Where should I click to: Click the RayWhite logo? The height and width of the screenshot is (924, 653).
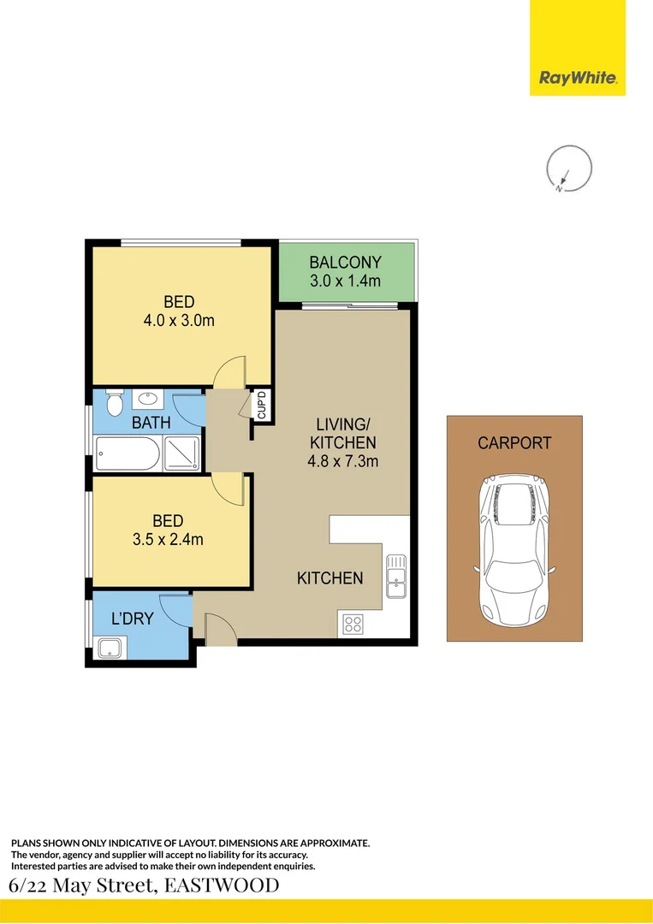pos(577,79)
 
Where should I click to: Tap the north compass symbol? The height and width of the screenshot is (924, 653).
pos(568,168)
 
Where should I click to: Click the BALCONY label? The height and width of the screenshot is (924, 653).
pos(345,262)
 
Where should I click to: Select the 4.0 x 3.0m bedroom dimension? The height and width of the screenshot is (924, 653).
pos(179,322)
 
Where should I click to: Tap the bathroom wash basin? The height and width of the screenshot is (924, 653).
pos(147,400)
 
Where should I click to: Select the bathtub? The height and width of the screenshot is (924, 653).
pos(127,453)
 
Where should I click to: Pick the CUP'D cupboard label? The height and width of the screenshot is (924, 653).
pos(262,404)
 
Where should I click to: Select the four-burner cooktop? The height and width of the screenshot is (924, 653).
pos(352,624)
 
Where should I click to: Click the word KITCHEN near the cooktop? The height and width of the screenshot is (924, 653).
pos(329,578)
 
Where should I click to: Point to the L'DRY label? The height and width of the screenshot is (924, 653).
pos(133,618)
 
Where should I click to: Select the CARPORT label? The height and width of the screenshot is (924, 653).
pos(514,443)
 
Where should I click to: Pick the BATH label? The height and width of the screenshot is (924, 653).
pos(151,423)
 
